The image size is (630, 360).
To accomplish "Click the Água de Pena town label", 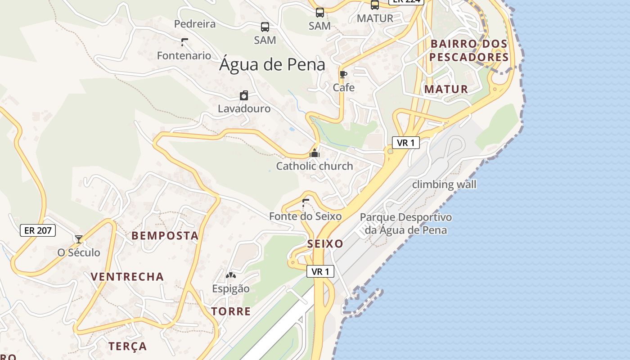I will coord(272,65).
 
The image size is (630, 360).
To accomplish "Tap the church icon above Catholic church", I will coord(315,153).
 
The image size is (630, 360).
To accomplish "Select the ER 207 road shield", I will coord(38,230).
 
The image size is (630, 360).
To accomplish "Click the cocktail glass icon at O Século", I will coord(79,239).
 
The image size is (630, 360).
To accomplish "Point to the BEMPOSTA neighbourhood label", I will coord(165,235).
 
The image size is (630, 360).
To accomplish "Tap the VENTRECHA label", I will coord(127,276).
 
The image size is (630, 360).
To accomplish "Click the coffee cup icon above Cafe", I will coord(343,75).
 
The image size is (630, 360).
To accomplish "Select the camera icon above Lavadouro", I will coord(243,95).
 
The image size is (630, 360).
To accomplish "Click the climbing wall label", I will coord(444,184).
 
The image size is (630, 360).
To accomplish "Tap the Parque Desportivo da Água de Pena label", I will coord(406,224).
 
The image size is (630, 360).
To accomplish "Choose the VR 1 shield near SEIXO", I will coord(320,271).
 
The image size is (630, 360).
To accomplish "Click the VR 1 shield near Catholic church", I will coord(406,143).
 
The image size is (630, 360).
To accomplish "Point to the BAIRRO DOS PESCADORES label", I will coord(469,51).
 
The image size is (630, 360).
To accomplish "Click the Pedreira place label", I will coord(195,24).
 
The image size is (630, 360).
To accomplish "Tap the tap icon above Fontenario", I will coord(184,42).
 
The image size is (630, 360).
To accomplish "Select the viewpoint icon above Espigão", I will coord(230,275).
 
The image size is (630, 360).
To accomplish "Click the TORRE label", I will coord(231,311).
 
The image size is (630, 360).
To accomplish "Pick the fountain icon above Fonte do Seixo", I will coord(306,203).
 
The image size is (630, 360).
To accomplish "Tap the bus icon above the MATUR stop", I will coord(374,5).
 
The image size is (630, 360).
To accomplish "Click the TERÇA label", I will coord(127,346).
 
